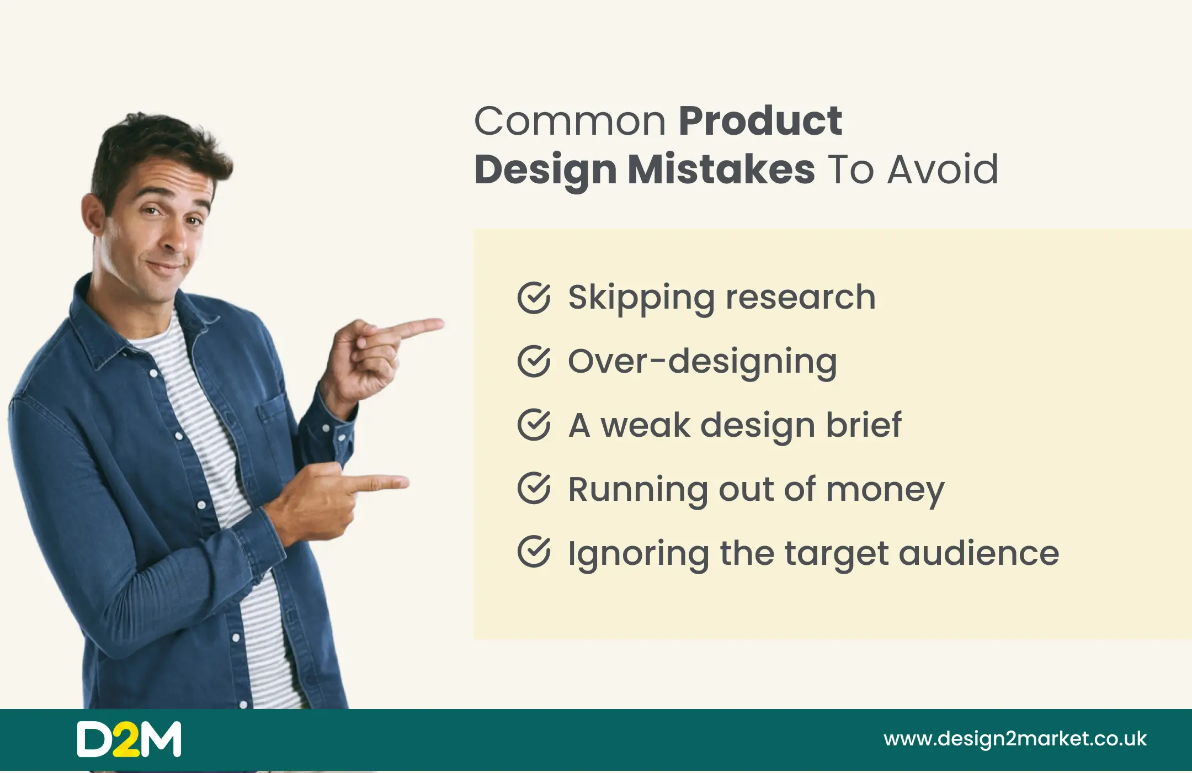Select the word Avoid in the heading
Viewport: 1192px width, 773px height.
943,169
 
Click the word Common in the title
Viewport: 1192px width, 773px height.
570,121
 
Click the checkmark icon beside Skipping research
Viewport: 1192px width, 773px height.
534,298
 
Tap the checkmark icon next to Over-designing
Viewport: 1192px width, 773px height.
534,362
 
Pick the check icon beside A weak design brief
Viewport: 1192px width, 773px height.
534,425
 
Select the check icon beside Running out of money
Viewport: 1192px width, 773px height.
534,489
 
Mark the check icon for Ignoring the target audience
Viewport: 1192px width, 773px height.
534,552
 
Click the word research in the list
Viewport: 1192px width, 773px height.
800,298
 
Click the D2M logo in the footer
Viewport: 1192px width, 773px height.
129,739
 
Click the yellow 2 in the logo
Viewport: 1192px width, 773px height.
129,739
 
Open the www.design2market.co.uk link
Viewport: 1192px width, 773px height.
1015,739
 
